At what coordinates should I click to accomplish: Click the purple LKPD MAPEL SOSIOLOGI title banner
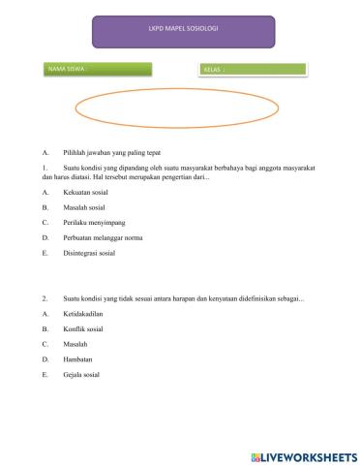coord(181,31)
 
